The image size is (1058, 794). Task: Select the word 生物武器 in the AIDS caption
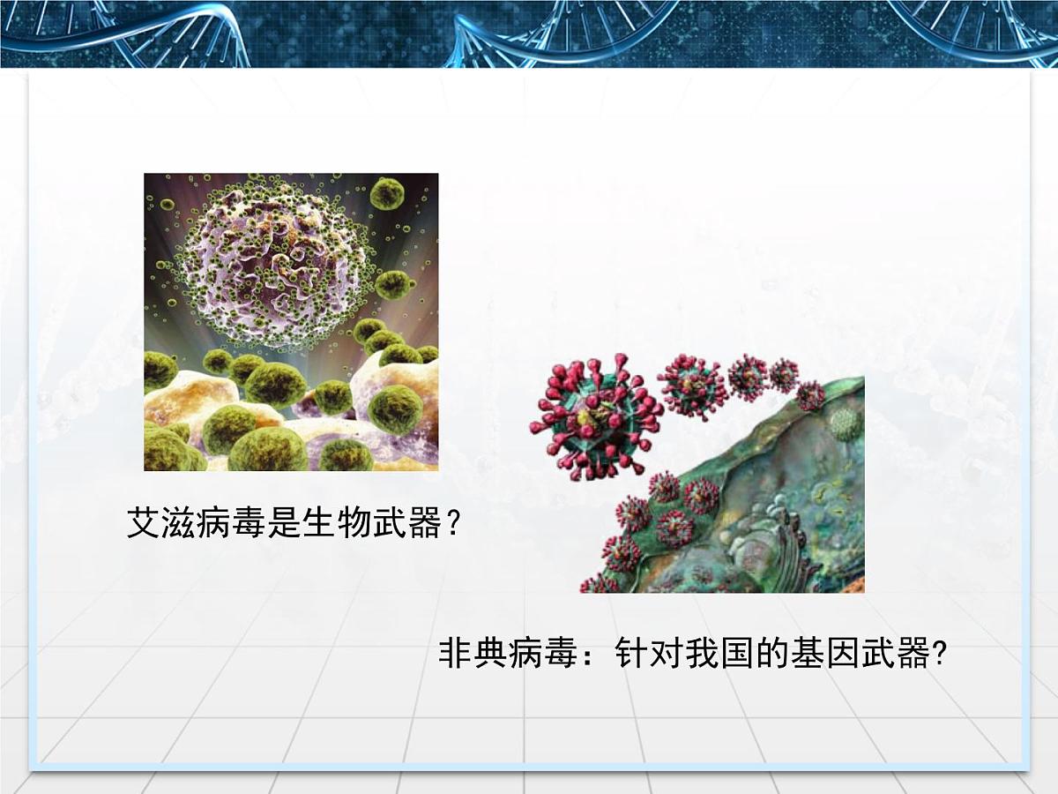click(370, 524)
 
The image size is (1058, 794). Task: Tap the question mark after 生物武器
click(451, 525)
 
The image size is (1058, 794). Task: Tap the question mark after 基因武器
click(940, 655)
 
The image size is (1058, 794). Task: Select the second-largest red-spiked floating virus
click(693, 386)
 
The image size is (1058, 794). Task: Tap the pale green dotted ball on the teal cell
click(845, 424)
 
